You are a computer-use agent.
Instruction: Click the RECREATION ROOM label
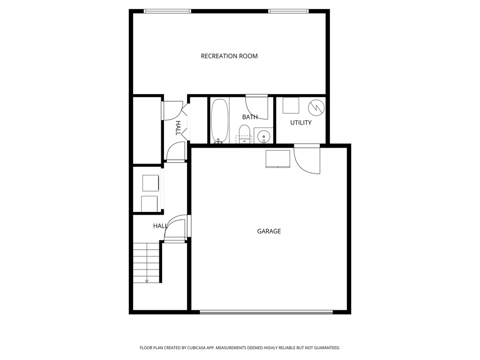[229, 56]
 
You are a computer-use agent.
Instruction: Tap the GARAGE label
[269, 231]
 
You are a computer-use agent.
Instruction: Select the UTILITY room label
[301, 123]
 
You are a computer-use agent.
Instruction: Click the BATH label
[250, 117]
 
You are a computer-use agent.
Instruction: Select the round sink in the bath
[264, 136]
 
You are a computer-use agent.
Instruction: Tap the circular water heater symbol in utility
[316, 107]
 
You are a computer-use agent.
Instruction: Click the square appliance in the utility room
[291, 105]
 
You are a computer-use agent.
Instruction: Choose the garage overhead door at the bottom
[266, 312]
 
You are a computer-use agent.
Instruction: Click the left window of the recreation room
[167, 11]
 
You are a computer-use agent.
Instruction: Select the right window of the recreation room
[289, 11]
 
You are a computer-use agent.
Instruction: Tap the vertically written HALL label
[178, 128]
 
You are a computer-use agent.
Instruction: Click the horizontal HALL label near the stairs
[160, 226]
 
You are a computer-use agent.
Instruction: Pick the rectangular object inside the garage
[278, 159]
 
